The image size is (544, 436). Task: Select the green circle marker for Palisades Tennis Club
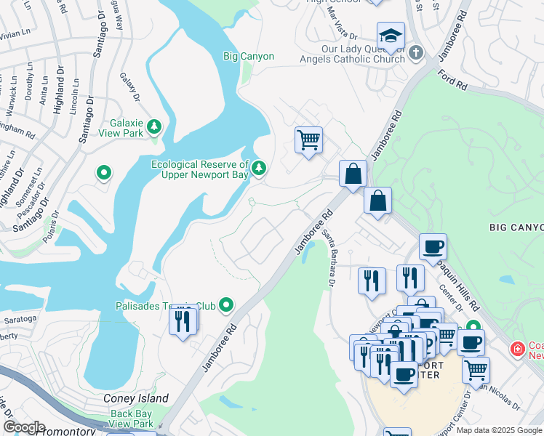pos(226,305)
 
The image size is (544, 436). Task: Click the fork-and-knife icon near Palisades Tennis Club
pos(183,320)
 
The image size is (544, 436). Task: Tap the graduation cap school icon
pos(391,36)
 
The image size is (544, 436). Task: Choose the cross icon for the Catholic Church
pos(415,52)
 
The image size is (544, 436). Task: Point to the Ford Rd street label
pos(452,80)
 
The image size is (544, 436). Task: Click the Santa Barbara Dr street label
pos(329,261)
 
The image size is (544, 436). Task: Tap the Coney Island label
pos(135,398)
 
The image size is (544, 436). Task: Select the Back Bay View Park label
pos(132,419)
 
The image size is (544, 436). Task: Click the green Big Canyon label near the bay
pos(249,57)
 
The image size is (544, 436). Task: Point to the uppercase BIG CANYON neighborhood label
pos(516,227)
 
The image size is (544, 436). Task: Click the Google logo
pos(23,427)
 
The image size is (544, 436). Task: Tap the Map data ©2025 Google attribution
pos(498,430)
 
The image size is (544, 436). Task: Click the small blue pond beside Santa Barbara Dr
pos(310,253)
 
